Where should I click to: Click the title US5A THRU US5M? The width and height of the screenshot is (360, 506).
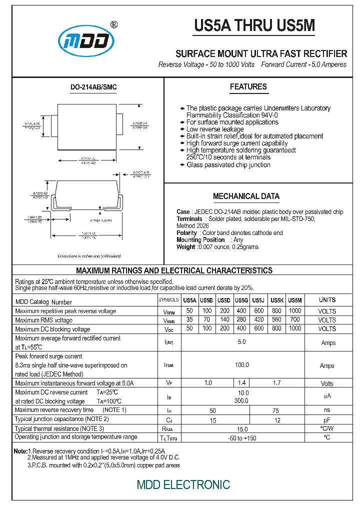(x=254, y=25)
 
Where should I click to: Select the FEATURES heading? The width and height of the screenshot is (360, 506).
(x=248, y=87)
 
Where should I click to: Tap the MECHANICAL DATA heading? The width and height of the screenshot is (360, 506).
(x=246, y=196)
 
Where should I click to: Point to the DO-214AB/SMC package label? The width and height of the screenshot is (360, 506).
(x=93, y=87)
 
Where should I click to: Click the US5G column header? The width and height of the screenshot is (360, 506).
(x=242, y=300)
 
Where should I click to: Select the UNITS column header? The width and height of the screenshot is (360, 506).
(x=327, y=300)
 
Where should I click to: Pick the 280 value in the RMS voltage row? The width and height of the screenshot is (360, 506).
(x=242, y=320)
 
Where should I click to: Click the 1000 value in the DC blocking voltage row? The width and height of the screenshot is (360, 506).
(x=295, y=328)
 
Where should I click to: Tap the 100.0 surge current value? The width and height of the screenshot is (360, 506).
(x=242, y=365)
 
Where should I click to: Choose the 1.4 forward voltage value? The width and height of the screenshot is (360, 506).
(x=242, y=383)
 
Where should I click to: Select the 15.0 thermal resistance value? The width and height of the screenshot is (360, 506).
(x=242, y=428)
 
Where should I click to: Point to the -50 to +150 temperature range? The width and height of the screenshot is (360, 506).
(x=242, y=437)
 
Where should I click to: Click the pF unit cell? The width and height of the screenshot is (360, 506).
(x=327, y=420)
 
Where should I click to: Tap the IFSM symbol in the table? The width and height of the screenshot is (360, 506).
(x=169, y=365)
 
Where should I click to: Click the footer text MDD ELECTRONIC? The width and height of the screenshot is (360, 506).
(x=183, y=484)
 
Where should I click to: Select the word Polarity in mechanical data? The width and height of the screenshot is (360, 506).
(x=187, y=233)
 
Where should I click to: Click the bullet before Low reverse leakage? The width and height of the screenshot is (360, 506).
(x=182, y=129)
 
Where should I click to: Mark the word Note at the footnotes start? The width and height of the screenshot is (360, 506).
(x=20, y=451)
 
